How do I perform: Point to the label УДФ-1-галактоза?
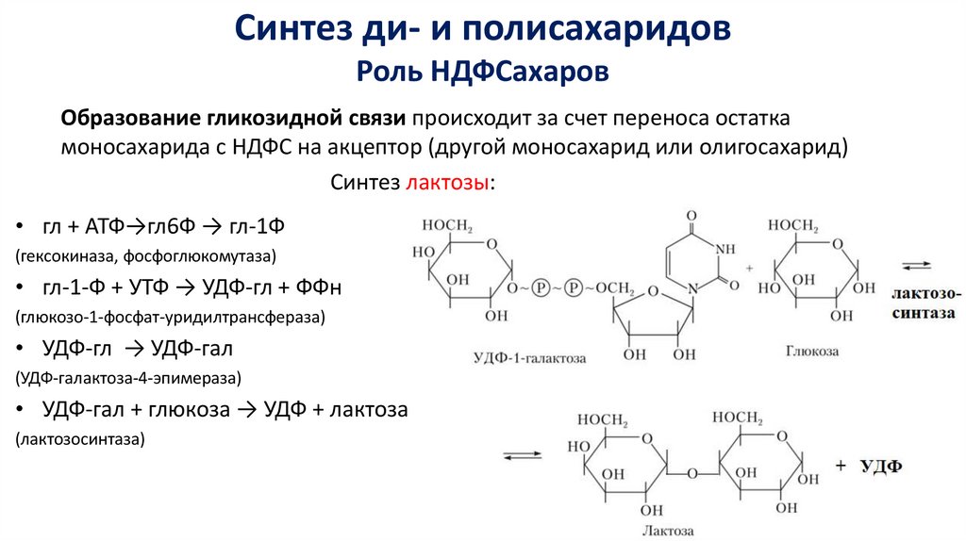coord(528,358)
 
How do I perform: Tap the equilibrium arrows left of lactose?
coord(522,457)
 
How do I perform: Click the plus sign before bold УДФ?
coord(841,466)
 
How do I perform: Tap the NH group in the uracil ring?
coord(724,249)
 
